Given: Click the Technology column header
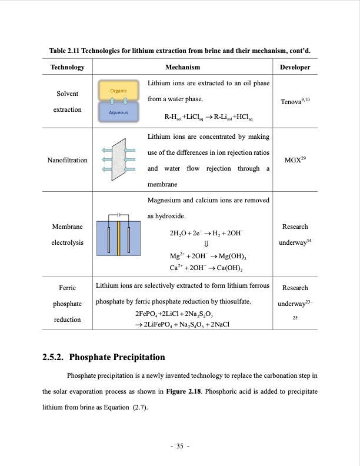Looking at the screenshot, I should click(x=68, y=68).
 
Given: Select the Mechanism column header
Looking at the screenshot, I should click(x=182, y=68).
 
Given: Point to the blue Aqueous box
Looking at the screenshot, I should click(x=119, y=112).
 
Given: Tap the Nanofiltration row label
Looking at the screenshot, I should click(x=68, y=160).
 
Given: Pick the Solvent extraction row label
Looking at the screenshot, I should click(x=68, y=102).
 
